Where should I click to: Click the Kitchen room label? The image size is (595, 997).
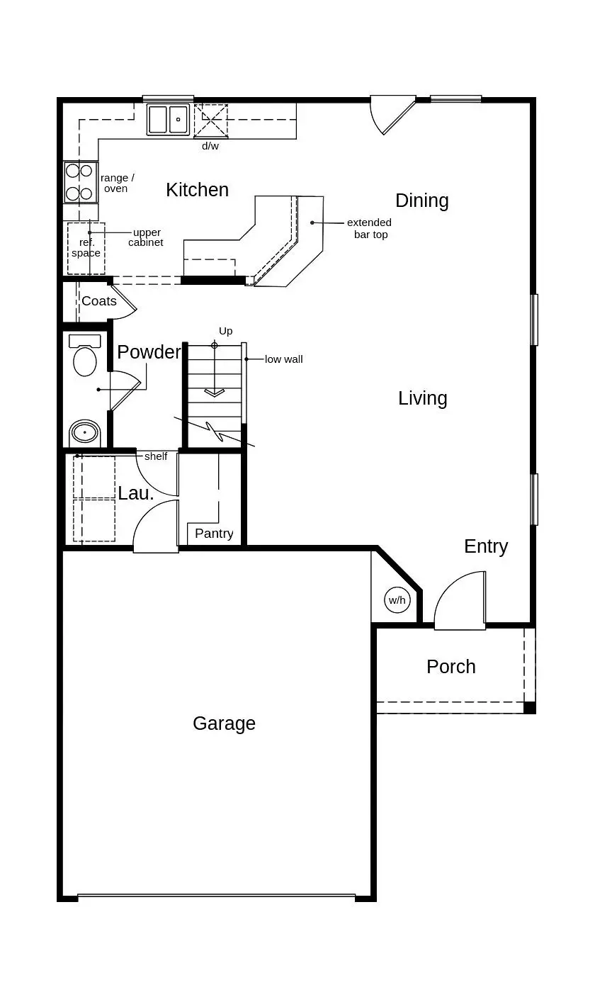[197, 190]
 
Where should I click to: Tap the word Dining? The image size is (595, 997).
[421, 201]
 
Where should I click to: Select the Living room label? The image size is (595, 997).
[422, 398]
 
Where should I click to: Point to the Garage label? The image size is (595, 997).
[224, 723]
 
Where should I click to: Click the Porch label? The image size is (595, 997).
[450, 667]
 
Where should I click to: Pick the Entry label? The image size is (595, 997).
[486, 546]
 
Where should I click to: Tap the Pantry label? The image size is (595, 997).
[214, 534]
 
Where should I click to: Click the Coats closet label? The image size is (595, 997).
[99, 301]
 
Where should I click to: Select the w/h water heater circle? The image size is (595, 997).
[397, 600]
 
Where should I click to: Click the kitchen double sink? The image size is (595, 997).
[169, 119]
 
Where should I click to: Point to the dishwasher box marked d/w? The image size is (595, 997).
[211, 120]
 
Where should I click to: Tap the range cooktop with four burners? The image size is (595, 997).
[80, 182]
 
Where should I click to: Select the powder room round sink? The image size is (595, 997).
[85, 432]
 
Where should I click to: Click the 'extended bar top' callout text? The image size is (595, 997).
[369, 228]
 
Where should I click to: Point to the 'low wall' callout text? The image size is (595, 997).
[283, 359]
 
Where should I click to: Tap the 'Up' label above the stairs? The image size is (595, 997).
[225, 331]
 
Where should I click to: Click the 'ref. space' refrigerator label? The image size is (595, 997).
[86, 248]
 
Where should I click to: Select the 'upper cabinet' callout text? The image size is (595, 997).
[146, 237]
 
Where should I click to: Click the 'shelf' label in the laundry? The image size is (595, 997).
[156, 456]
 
